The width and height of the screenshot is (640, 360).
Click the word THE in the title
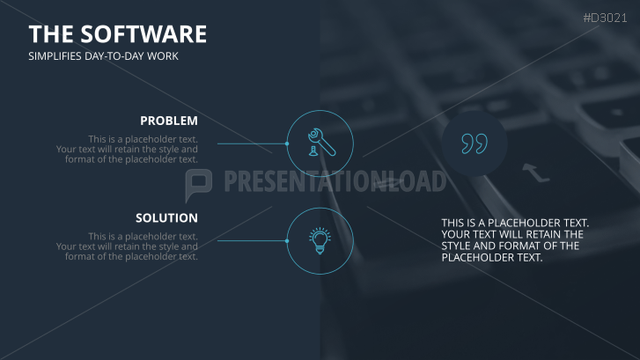pyautogui.click(x=50, y=34)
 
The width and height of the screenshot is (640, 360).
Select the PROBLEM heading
pyautogui.click(x=169, y=121)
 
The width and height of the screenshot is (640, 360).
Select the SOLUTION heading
pyautogui.click(x=166, y=217)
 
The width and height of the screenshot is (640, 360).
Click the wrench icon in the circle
pyautogui.click(x=320, y=143)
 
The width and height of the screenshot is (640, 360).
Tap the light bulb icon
pyautogui.click(x=320, y=240)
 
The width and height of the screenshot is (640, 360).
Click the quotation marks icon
pyautogui.click(x=474, y=143)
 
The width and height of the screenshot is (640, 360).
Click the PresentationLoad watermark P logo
pyautogui.click(x=199, y=183)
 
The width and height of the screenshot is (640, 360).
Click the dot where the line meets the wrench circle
pyautogui.click(x=287, y=143)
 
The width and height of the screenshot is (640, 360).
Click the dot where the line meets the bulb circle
pyautogui.click(x=287, y=240)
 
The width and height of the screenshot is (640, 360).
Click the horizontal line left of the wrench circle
pyautogui.click(x=251, y=143)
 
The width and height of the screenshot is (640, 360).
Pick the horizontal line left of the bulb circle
pyautogui.click(x=251, y=240)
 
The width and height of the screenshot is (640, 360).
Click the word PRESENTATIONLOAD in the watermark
pyautogui.click(x=335, y=182)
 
